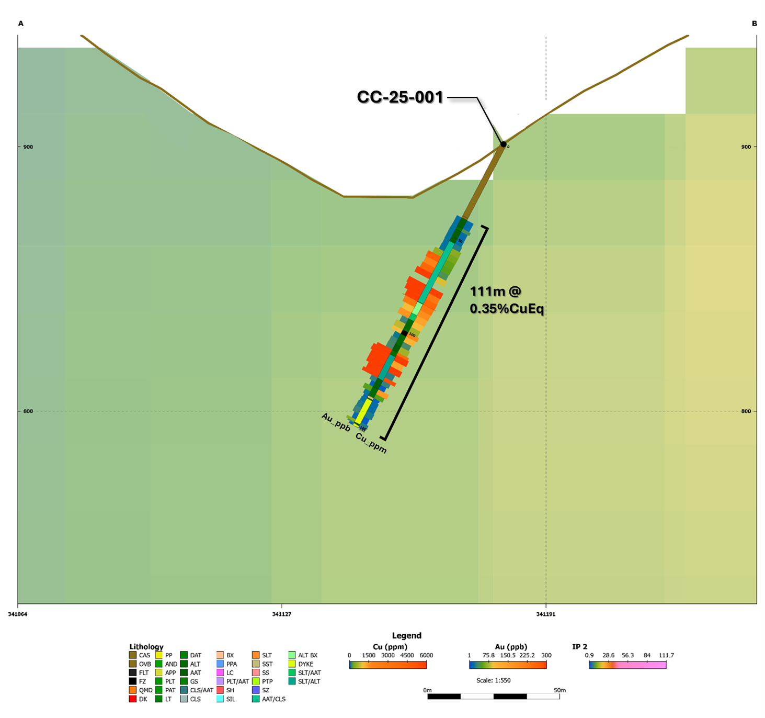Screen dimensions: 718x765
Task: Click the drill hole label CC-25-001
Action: pyautogui.click(x=400, y=97)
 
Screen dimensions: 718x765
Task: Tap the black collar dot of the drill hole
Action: pyautogui.click(x=504, y=144)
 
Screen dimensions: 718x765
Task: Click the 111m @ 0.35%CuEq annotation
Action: pyautogui.click(x=506, y=300)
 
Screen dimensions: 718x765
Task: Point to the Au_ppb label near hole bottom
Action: pyautogui.click(x=336, y=422)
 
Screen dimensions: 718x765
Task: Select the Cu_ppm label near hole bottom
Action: pyautogui.click(x=371, y=443)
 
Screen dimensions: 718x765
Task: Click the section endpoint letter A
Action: pyautogui.click(x=21, y=24)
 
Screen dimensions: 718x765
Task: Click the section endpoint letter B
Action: pyautogui.click(x=754, y=24)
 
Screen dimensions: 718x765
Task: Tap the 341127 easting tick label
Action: pyautogui.click(x=281, y=614)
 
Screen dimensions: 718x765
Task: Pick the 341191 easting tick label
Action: pyautogui.click(x=546, y=614)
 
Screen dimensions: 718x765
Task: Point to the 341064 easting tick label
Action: pyautogui.click(x=18, y=614)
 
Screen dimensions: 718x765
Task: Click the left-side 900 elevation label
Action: pyautogui.click(x=28, y=147)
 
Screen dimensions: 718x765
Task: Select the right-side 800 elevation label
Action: pyautogui.click(x=746, y=411)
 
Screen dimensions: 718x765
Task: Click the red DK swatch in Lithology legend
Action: pyautogui.click(x=133, y=699)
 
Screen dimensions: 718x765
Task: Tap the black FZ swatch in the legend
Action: pyautogui.click(x=133, y=681)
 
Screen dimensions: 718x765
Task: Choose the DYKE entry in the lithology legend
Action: pyautogui.click(x=305, y=664)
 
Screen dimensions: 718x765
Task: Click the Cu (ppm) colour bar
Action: pyautogui.click(x=387, y=665)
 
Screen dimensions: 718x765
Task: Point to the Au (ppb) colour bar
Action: pyautogui.click(x=508, y=665)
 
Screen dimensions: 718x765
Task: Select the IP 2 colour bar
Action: pyautogui.click(x=627, y=665)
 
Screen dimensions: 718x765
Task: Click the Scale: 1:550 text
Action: pyautogui.click(x=493, y=680)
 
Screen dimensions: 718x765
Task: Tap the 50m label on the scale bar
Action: pyautogui.click(x=560, y=690)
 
